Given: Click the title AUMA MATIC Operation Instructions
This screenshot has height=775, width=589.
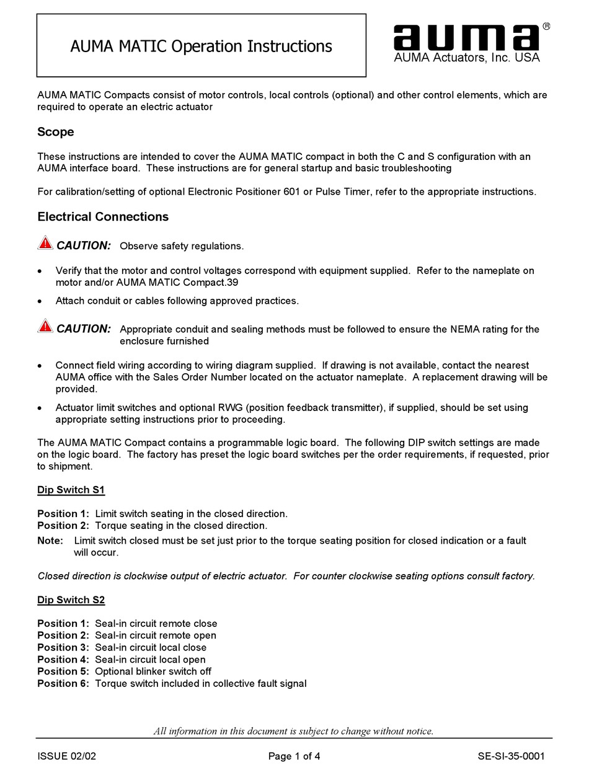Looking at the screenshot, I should click(x=201, y=46).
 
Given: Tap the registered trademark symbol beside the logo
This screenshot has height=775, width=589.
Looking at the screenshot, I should click(x=546, y=26).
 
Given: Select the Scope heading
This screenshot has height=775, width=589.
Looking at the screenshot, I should click(x=55, y=132).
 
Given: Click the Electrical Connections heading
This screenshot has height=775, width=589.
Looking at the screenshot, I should click(x=103, y=217).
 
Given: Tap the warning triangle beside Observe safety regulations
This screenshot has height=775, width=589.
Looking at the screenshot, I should click(x=45, y=243).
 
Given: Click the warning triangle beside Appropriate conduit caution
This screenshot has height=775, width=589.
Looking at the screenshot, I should click(x=45, y=326).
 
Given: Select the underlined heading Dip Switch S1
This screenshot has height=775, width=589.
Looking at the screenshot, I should click(x=71, y=490).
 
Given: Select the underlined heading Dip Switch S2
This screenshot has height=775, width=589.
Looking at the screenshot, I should click(x=71, y=600).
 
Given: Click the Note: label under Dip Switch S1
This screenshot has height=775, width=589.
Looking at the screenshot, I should click(x=50, y=541).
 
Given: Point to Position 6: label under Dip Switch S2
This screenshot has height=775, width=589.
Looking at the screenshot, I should click(x=63, y=683).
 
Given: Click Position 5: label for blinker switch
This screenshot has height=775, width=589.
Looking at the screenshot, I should click(x=63, y=671).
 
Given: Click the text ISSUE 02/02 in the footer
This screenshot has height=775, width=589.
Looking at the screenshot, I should click(x=66, y=756).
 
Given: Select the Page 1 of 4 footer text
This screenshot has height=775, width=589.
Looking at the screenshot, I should click(x=294, y=756).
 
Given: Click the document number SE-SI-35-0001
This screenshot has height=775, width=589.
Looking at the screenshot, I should click(x=511, y=756).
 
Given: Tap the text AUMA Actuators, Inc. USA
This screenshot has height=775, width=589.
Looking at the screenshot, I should click(x=467, y=58).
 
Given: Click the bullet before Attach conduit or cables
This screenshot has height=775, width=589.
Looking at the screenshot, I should click(x=40, y=301).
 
